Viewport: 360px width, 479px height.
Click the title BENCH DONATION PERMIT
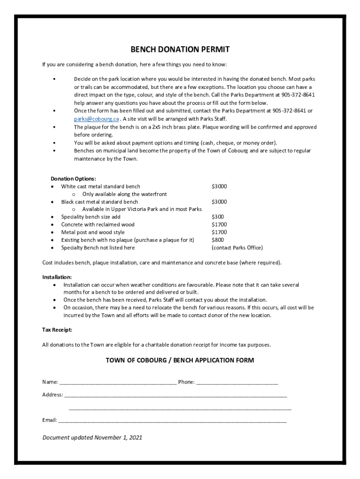pyautogui.click(x=180, y=50)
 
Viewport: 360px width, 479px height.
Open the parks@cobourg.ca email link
pyautogui.click(x=93, y=119)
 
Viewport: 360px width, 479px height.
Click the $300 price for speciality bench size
pyautogui.click(x=217, y=217)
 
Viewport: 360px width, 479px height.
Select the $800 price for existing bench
pyautogui.click(x=217, y=240)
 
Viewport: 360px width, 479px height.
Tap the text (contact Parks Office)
pyautogui.click(x=237, y=248)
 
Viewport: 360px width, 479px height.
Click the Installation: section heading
pyautogui.click(x=57, y=277)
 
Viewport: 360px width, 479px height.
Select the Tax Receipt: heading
pyautogui.click(x=57, y=330)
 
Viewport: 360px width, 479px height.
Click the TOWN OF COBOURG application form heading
pyautogui.click(x=180, y=360)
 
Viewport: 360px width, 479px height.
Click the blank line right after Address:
pyautogui.click(x=175, y=395)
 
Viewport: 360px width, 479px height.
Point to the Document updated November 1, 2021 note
pyautogui.click(x=92, y=438)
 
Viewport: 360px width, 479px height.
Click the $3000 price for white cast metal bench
pyautogui.click(x=219, y=187)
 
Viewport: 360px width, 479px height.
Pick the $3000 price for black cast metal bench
pyautogui.click(x=219, y=202)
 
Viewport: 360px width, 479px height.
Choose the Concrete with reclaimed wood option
pyautogui.click(x=98, y=225)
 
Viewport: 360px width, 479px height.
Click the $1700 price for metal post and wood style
pyautogui.click(x=219, y=232)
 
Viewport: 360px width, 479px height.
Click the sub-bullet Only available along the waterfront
pyautogui.click(x=124, y=194)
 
